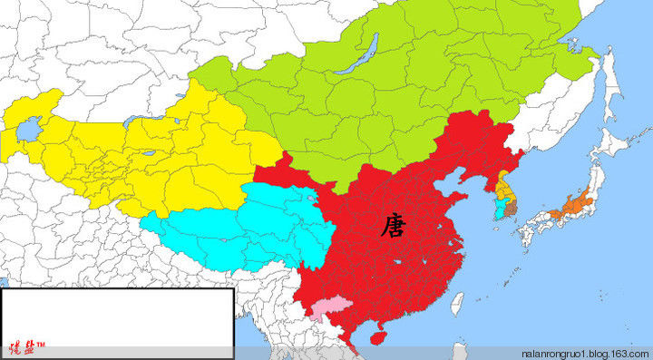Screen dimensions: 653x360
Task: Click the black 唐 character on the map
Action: click(393, 224)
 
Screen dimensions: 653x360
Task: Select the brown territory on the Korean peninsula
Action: click(510, 208)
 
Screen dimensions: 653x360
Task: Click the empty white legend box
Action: click(116, 313)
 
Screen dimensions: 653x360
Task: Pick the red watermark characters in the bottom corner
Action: click(27, 347)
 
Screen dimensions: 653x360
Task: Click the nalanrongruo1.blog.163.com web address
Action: click(586, 352)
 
